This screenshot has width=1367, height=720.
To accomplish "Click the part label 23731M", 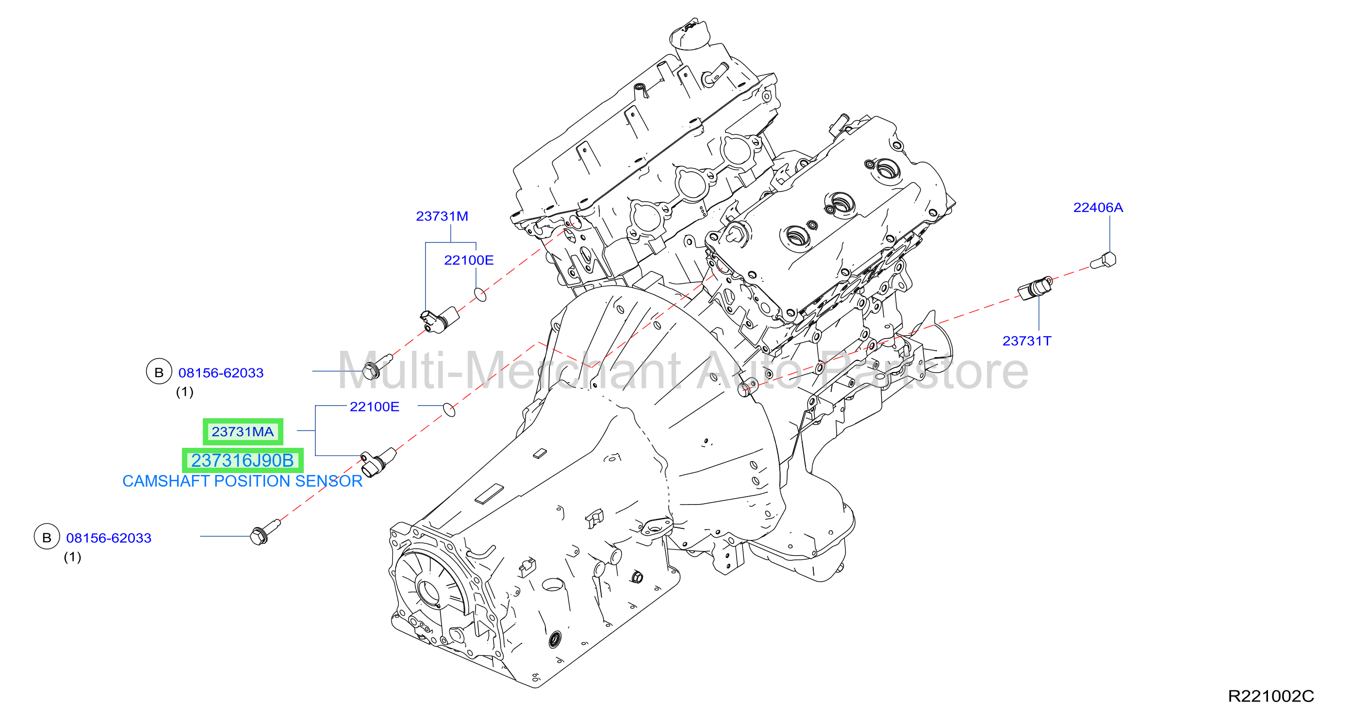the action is [x=442, y=216].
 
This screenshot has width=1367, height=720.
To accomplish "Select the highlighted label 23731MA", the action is [x=243, y=432].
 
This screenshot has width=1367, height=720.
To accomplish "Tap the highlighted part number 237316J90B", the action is [x=243, y=460].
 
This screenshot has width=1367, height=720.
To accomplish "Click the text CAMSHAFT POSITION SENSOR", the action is [x=242, y=481].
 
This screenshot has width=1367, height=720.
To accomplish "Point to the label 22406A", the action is [x=1098, y=208].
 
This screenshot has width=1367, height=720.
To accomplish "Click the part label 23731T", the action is [x=1026, y=341].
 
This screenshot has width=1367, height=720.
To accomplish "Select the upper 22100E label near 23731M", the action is [x=469, y=261].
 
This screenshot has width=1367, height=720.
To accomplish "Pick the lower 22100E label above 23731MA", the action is [x=374, y=407].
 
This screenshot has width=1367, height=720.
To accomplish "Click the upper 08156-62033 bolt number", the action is [x=221, y=373].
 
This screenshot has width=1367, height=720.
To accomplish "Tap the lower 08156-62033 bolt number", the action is [x=109, y=538].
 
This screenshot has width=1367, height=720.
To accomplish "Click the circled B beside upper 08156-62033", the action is [x=159, y=372].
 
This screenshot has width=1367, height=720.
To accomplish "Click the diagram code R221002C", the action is [x=1271, y=696].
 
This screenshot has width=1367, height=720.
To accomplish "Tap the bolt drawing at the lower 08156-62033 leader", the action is [x=265, y=532].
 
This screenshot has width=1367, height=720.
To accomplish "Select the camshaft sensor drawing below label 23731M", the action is [x=439, y=319].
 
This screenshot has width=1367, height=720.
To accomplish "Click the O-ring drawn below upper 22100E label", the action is [x=480, y=295].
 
